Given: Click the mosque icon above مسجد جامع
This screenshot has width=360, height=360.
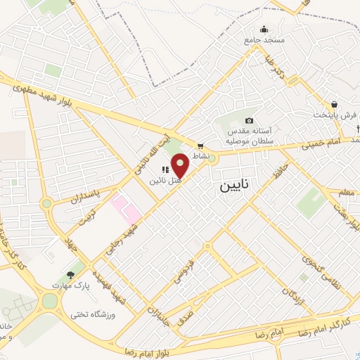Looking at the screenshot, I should [264, 30].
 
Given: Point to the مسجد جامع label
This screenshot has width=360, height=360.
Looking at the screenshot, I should [264, 40].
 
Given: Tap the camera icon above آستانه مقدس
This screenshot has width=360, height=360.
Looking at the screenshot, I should [249, 120].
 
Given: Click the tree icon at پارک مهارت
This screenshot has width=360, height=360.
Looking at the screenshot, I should [70, 275].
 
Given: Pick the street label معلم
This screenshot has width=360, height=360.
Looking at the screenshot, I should [345, 193].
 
